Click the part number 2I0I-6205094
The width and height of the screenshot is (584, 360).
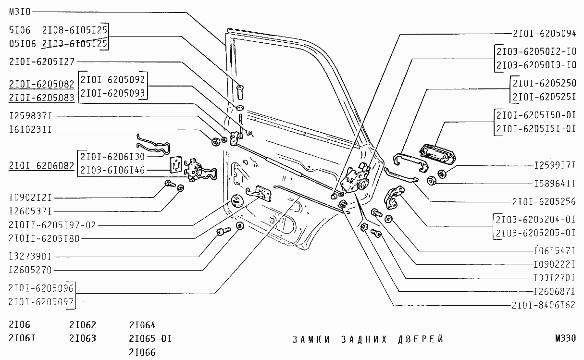click(x=544, y=34)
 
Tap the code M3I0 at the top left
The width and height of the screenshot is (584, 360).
click(x=20, y=12)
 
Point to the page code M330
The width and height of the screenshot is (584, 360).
click(x=565, y=339)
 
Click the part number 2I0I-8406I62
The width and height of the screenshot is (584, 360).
click(x=544, y=305)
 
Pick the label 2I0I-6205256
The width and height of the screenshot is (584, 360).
click(x=544, y=202)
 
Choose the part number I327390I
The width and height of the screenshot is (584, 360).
click(x=30, y=256)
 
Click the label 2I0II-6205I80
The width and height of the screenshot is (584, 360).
click(x=44, y=238)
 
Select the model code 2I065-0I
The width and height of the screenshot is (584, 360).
click(x=150, y=338)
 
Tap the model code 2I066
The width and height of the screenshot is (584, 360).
click(x=142, y=352)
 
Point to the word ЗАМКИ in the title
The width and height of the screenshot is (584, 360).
click(x=311, y=339)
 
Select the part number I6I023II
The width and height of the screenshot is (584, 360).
click(x=30, y=130)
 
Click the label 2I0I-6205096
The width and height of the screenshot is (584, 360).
click(x=41, y=288)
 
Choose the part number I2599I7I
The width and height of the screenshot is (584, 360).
click(x=555, y=165)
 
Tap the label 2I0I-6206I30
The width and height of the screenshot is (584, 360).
click(x=112, y=156)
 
